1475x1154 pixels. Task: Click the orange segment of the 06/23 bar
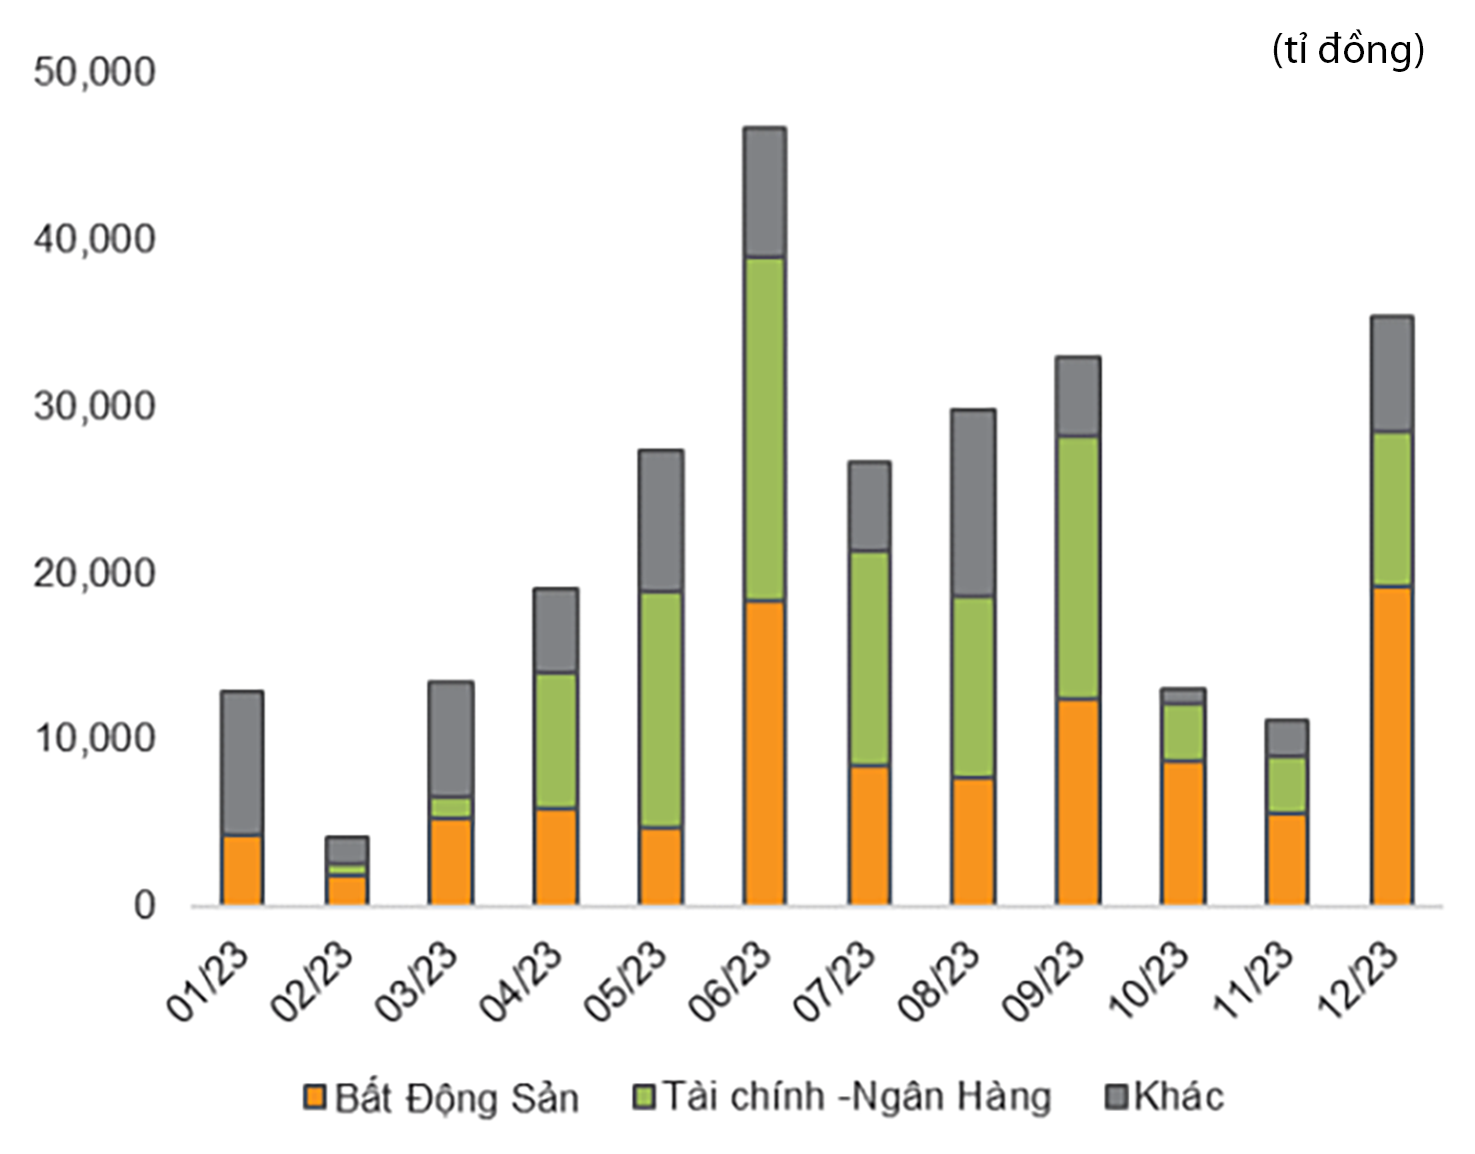(x=764, y=752)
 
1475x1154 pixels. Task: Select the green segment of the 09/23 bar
(x=1078, y=568)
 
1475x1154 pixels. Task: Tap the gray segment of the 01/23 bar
(x=242, y=763)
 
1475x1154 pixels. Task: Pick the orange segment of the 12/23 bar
(x=1391, y=745)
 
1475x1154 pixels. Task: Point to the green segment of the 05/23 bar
(x=661, y=709)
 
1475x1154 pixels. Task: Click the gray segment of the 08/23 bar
(x=973, y=503)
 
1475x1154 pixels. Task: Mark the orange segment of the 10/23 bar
(x=1182, y=832)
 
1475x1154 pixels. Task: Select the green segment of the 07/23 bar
(x=869, y=658)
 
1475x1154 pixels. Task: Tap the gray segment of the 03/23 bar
(x=451, y=739)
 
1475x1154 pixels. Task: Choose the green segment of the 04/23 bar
(x=556, y=740)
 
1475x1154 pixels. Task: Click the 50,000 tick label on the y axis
(x=95, y=72)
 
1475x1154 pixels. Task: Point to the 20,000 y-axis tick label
(x=95, y=574)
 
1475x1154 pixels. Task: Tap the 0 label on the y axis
(x=145, y=905)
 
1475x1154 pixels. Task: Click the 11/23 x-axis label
(x=1254, y=981)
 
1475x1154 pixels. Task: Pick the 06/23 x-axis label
(x=732, y=981)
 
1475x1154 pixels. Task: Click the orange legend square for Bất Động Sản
(x=315, y=1097)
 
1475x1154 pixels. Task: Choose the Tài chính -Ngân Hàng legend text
(x=857, y=1097)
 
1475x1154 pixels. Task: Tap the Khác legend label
(x=1179, y=1097)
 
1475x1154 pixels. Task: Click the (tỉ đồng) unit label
(x=1348, y=49)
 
